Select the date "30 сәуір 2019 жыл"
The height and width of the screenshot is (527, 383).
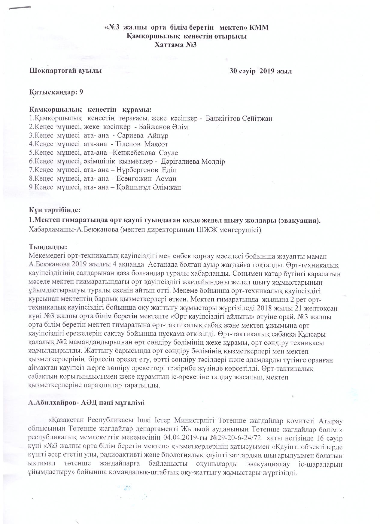click(x=260, y=71)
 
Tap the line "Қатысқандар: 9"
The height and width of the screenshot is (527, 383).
click(x=56, y=92)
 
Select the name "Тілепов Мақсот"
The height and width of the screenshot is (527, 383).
click(x=141, y=144)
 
